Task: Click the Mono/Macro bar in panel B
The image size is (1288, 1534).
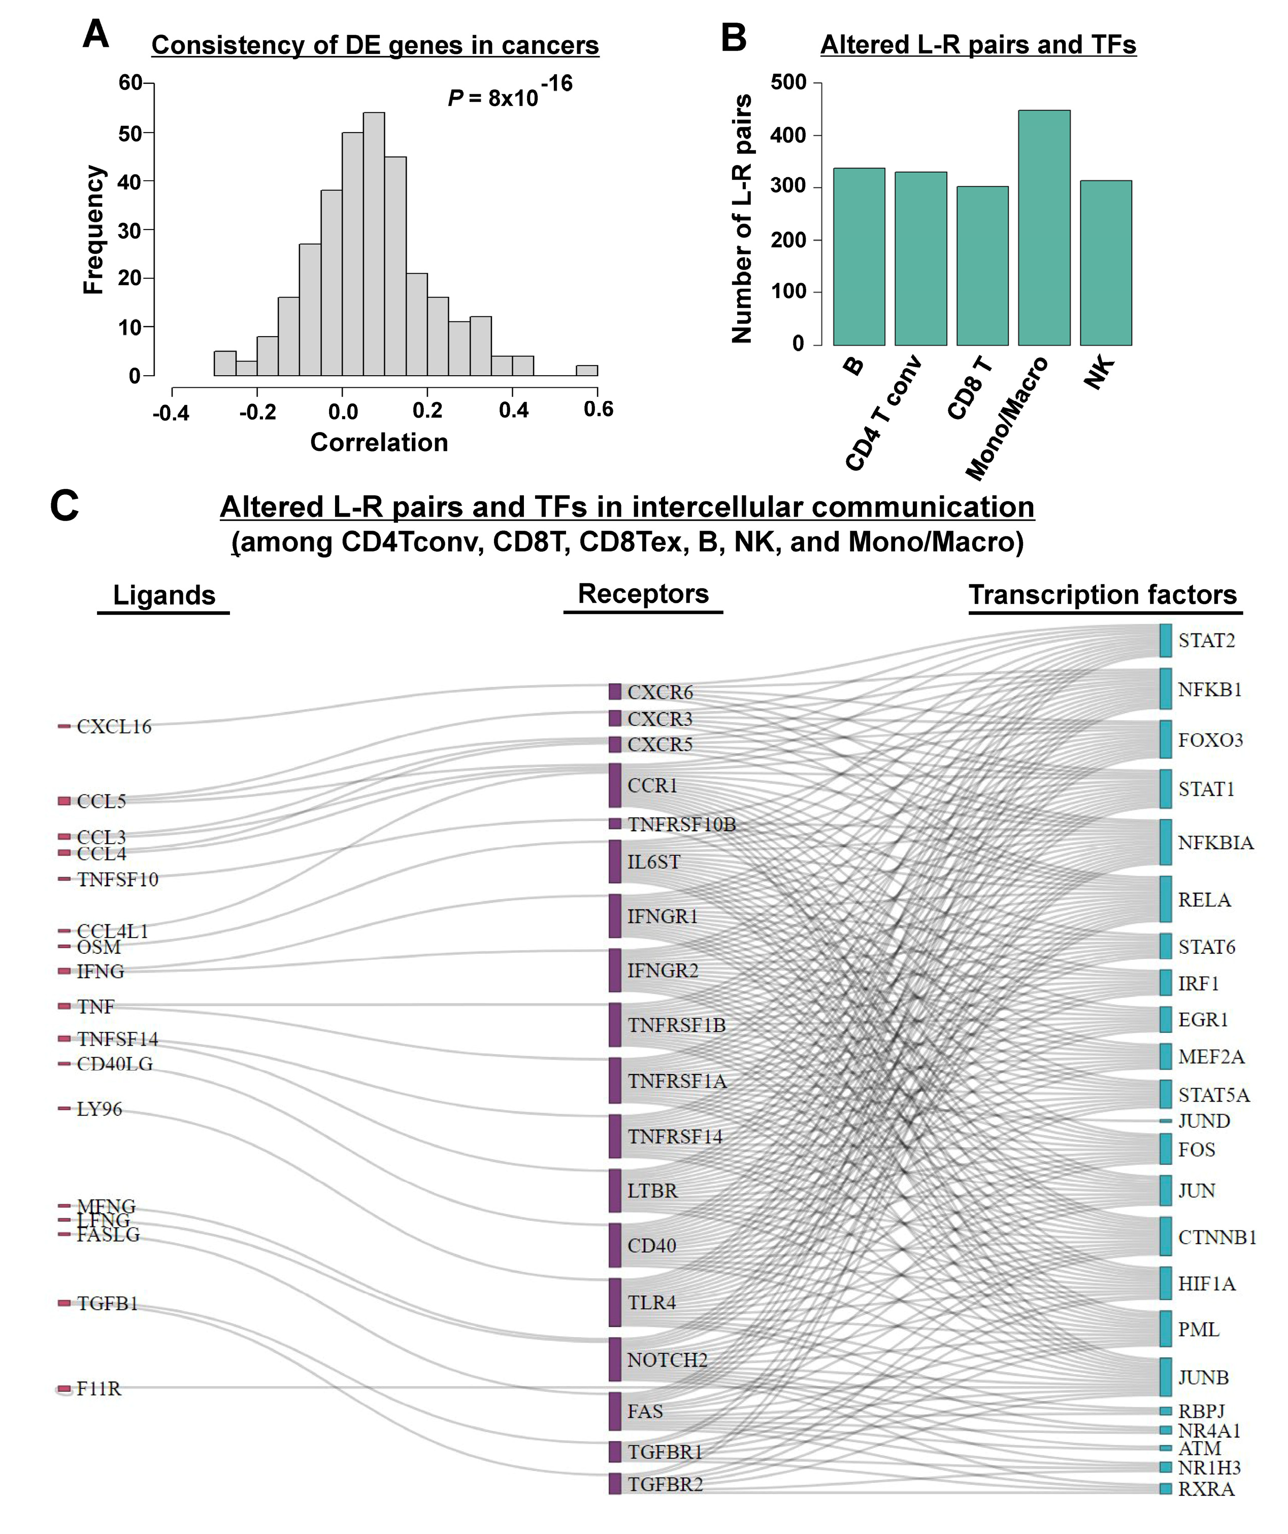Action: pyautogui.click(x=1043, y=227)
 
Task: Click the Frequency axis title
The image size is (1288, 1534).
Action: pyautogui.click(x=93, y=229)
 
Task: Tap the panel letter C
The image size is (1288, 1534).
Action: pyautogui.click(x=64, y=506)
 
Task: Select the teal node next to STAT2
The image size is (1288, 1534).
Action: pyautogui.click(x=1165, y=641)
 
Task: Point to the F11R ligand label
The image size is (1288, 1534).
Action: pyautogui.click(x=98, y=1389)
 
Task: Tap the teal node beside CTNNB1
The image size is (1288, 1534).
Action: pyautogui.click(x=1165, y=1236)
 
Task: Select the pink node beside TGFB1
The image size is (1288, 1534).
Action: pyautogui.click(x=64, y=1303)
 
